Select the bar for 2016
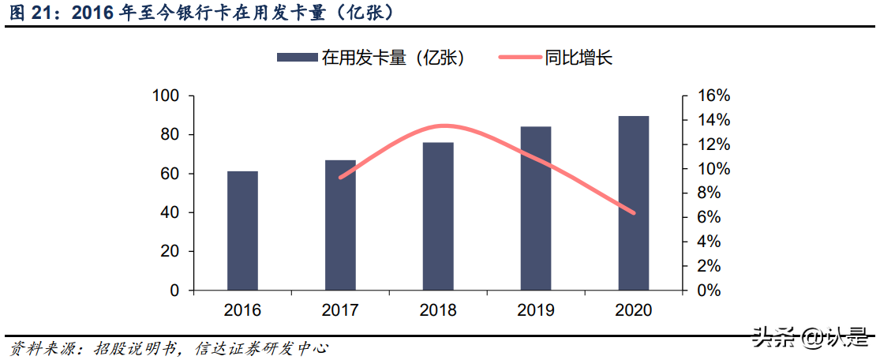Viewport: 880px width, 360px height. [x=242, y=231]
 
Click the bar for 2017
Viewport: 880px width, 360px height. [x=340, y=225]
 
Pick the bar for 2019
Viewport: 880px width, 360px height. [x=536, y=208]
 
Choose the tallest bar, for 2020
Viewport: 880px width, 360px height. [x=634, y=203]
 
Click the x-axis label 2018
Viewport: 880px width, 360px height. [x=438, y=310]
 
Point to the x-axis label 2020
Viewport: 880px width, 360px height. [x=634, y=310]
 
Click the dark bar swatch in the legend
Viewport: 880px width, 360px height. [x=297, y=57]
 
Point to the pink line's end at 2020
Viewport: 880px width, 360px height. [x=633, y=212]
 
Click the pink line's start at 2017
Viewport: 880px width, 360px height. [x=340, y=178]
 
